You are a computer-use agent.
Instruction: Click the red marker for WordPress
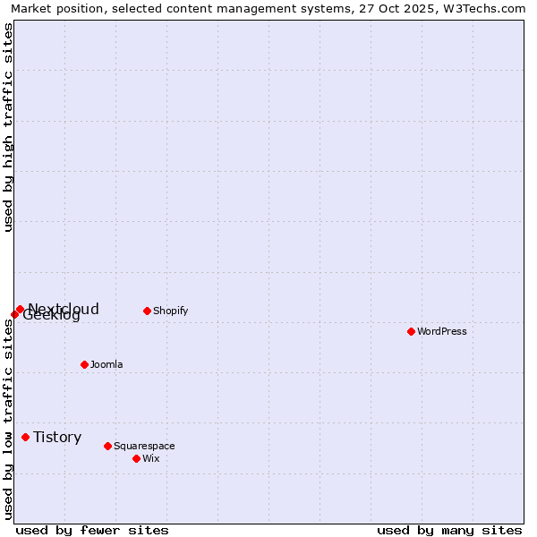[x=411, y=331]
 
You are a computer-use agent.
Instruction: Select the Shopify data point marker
[x=147, y=311]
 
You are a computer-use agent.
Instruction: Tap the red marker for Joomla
[x=84, y=364]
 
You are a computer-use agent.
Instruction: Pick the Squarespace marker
[x=107, y=446]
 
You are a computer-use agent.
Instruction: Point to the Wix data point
[x=136, y=458]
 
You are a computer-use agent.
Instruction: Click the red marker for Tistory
[x=25, y=437]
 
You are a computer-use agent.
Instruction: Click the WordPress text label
[x=442, y=331]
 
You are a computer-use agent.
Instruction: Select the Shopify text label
[x=170, y=311]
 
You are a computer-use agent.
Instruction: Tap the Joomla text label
[x=107, y=364]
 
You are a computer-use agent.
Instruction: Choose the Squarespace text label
[x=144, y=446]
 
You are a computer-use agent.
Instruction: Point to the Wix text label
[x=151, y=458]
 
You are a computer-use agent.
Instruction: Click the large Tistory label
[x=57, y=437]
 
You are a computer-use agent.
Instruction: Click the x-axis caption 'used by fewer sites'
[x=92, y=530]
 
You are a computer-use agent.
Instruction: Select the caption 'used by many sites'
[x=449, y=530]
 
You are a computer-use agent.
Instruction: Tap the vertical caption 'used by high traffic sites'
[x=8, y=127]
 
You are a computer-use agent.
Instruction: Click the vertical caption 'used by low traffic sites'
[x=8, y=419]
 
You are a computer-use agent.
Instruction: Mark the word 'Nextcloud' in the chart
[x=64, y=309]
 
